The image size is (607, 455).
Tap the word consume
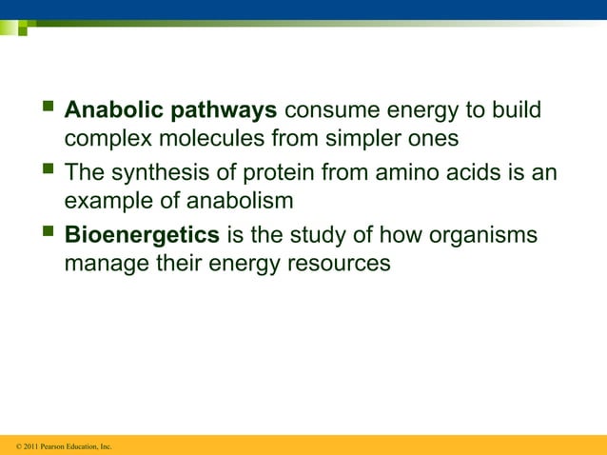click(x=330, y=111)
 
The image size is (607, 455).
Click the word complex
click(x=105, y=140)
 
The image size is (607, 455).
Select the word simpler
click(x=356, y=139)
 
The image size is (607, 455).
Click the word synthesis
click(x=157, y=173)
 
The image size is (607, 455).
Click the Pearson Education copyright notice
click(x=58, y=445)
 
